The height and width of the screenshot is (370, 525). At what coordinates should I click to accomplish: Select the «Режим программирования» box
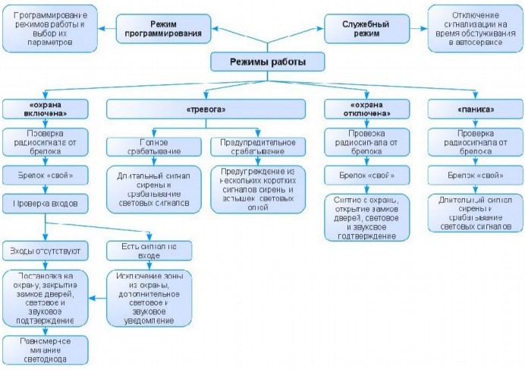tap(164, 28)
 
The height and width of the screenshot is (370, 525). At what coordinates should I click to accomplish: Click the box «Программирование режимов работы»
tap(49, 28)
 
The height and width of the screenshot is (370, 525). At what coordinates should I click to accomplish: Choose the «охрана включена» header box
tap(45, 109)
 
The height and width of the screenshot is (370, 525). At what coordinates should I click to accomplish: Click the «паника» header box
tap(473, 109)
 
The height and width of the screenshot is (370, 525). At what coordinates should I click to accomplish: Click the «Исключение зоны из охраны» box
tap(149, 297)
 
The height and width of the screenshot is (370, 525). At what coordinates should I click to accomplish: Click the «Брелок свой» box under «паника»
tap(473, 176)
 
